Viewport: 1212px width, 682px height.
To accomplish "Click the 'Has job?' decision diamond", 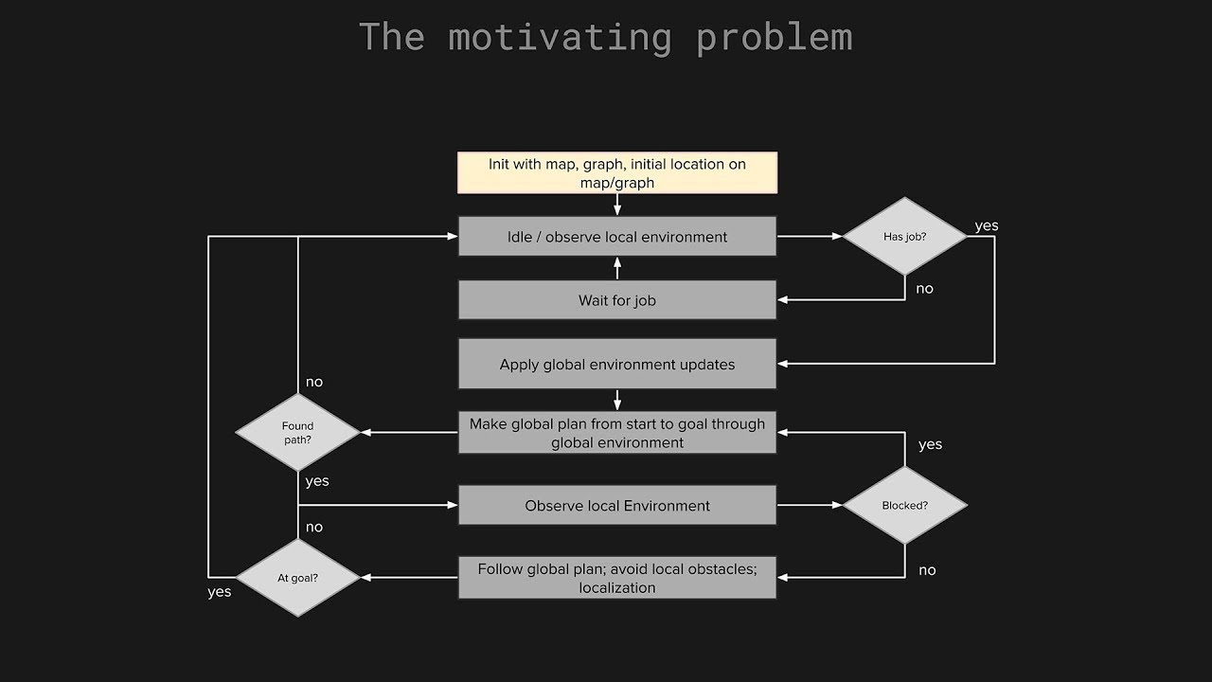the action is (x=904, y=237).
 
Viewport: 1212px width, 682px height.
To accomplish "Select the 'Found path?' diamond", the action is (x=297, y=433).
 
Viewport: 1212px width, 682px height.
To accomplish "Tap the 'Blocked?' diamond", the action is (x=904, y=505).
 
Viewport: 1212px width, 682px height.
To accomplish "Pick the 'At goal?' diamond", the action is (x=297, y=578).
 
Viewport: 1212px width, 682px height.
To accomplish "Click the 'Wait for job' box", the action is (x=617, y=300).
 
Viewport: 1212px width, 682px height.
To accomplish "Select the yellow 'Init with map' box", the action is (x=617, y=172).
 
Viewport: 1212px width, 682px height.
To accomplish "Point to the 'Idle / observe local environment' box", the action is (x=617, y=236).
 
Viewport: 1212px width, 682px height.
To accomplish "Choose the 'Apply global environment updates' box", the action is (x=617, y=364).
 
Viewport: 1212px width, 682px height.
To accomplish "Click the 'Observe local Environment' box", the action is (x=617, y=505).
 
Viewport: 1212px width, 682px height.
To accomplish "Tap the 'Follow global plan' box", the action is (x=617, y=578).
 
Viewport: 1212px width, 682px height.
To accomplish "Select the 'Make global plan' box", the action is (x=617, y=433).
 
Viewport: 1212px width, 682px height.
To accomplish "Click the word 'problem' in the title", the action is (x=775, y=38).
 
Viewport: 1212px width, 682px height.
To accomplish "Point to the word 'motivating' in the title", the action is (x=561, y=38).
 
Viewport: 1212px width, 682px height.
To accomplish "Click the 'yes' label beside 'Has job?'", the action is (x=987, y=225).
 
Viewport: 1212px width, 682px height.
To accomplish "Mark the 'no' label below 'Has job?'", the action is (x=925, y=289).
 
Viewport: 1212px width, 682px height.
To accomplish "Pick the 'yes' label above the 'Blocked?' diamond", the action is (x=930, y=444).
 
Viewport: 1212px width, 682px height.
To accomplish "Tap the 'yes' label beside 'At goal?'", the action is (x=219, y=592).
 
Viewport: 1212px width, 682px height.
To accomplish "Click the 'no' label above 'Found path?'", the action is (x=314, y=382).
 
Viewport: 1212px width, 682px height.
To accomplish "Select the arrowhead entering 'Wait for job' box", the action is (x=782, y=300).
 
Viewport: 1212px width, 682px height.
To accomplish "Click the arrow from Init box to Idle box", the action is (x=617, y=205).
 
